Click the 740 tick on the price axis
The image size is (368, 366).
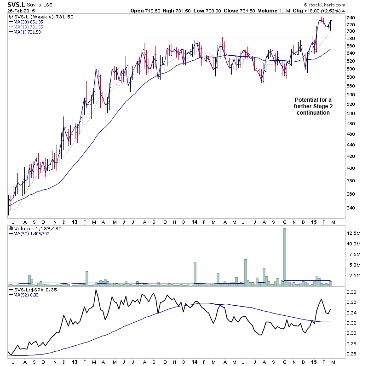coord(350,18)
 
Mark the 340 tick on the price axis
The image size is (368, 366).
coord(350,208)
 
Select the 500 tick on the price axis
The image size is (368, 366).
coord(350,113)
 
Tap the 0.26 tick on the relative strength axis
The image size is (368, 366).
coord(351,353)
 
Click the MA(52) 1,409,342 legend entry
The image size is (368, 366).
coord(31,233)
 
